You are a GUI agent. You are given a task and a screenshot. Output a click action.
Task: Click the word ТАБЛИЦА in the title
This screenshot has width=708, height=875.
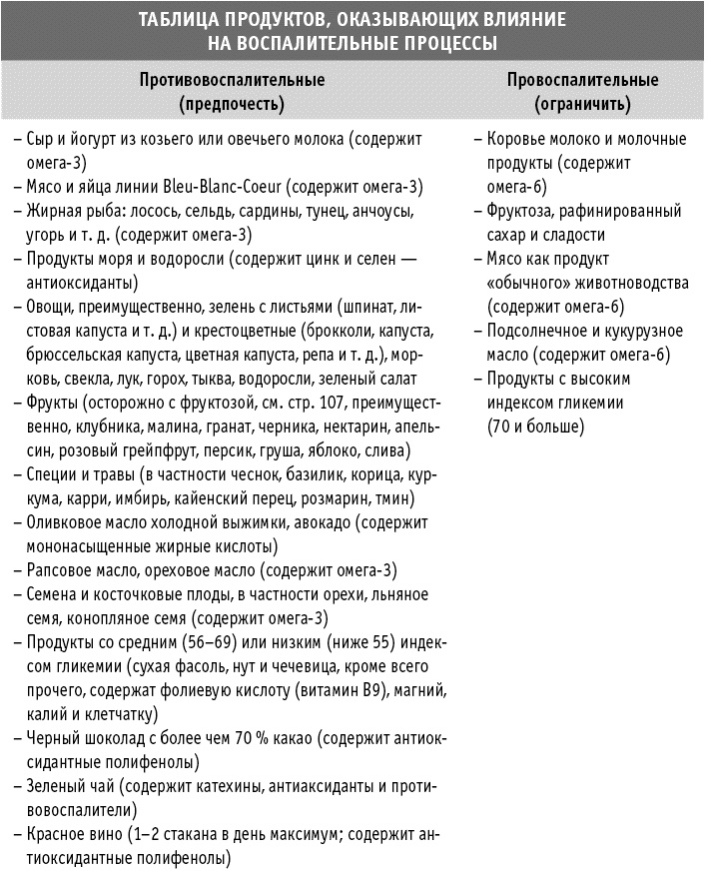(x=177, y=19)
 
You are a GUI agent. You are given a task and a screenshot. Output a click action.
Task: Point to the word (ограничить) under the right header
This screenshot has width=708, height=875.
(x=581, y=102)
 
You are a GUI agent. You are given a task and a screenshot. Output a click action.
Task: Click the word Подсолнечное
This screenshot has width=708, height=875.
(x=538, y=331)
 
